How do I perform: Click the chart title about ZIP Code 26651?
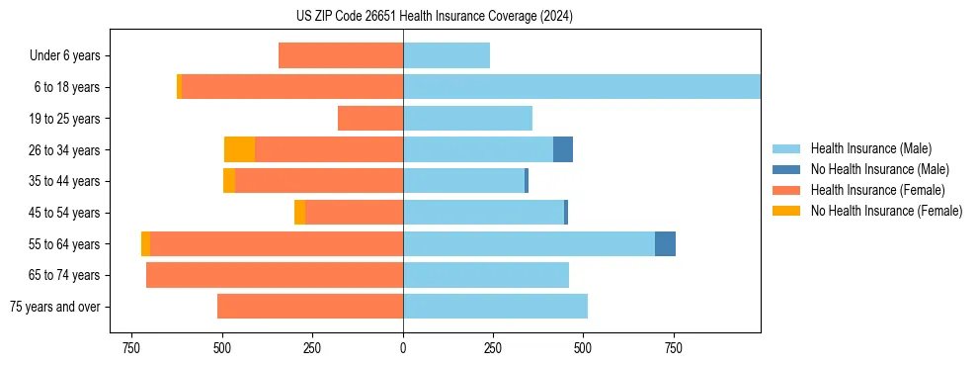[434, 17]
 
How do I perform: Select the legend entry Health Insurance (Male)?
[870, 148]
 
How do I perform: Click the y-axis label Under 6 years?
[65, 56]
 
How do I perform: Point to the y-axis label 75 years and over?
[55, 307]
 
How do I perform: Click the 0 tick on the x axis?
[403, 348]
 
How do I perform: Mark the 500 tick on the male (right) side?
[584, 348]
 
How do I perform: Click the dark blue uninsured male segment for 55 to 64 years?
[665, 243]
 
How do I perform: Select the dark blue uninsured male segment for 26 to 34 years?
[563, 149]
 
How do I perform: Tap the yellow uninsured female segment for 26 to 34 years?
[239, 149]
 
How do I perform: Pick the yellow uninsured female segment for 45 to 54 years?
[299, 213]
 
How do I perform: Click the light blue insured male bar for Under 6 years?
[447, 55]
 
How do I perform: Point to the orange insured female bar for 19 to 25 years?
[370, 119]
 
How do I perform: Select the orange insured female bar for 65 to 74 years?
[275, 275]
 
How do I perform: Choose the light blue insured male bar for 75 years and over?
[495, 307]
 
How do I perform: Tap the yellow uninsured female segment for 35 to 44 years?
[229, 181]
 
